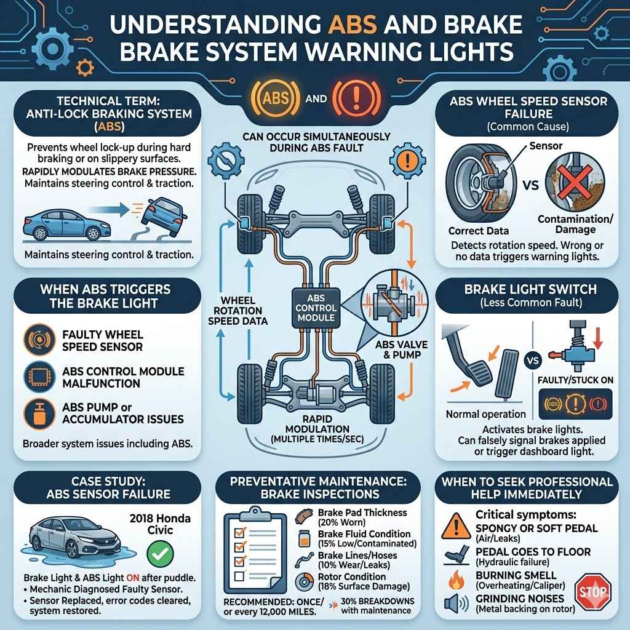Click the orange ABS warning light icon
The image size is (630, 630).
tap(275, 98)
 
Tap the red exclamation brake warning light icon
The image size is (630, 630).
tap(356, 98)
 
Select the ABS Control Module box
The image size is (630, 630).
tap(316, 308)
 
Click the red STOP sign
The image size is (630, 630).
tap(592, 591)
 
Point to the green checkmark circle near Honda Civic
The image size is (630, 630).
tap(160, 554)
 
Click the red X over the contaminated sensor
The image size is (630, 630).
tap(575, 181)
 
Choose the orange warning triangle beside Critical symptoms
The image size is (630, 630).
tap(456, 527)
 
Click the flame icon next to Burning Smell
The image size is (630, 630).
tap(457, 580)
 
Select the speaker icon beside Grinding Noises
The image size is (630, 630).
tap(457, 604)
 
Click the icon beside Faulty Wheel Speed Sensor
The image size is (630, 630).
tap(39, 340)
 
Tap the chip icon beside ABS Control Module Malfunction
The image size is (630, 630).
tap(39, 377)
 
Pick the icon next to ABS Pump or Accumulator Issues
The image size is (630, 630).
tap(39, 413)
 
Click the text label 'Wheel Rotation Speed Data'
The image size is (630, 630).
tap(238, 311)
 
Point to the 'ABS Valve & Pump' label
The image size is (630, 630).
tap(401, 349)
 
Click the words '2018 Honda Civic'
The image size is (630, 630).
tap(160, 524)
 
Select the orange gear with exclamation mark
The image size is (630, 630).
tap(408, 161)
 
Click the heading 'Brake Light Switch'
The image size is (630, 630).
tap(530, 289)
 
